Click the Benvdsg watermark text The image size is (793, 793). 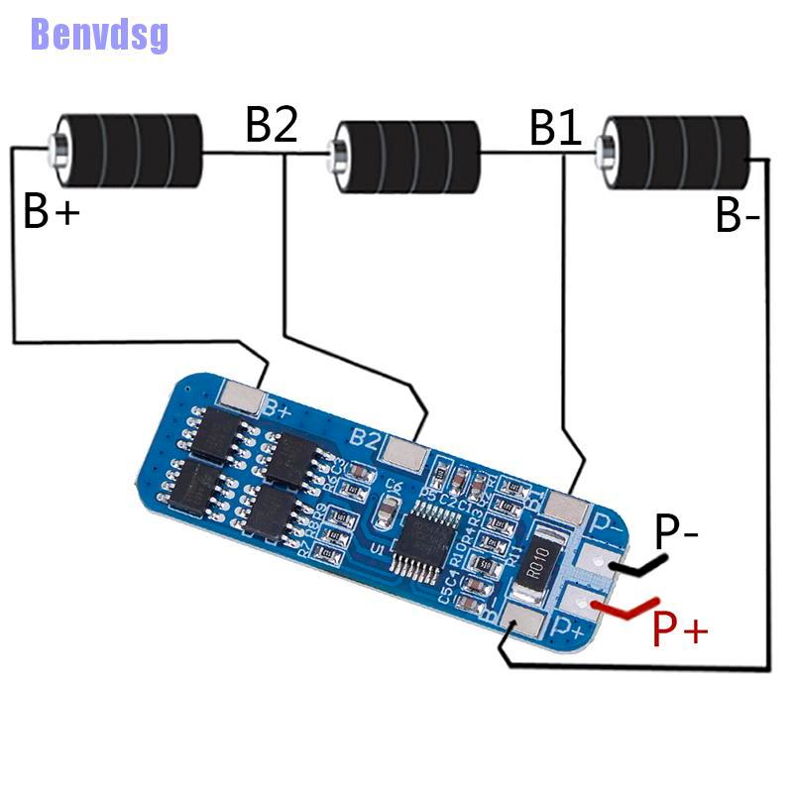(99, 33)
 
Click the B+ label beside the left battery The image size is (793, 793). (52, 211)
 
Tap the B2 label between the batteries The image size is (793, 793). (272, 126)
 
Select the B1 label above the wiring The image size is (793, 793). (556, 128)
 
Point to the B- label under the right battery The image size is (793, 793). (737, 216)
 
